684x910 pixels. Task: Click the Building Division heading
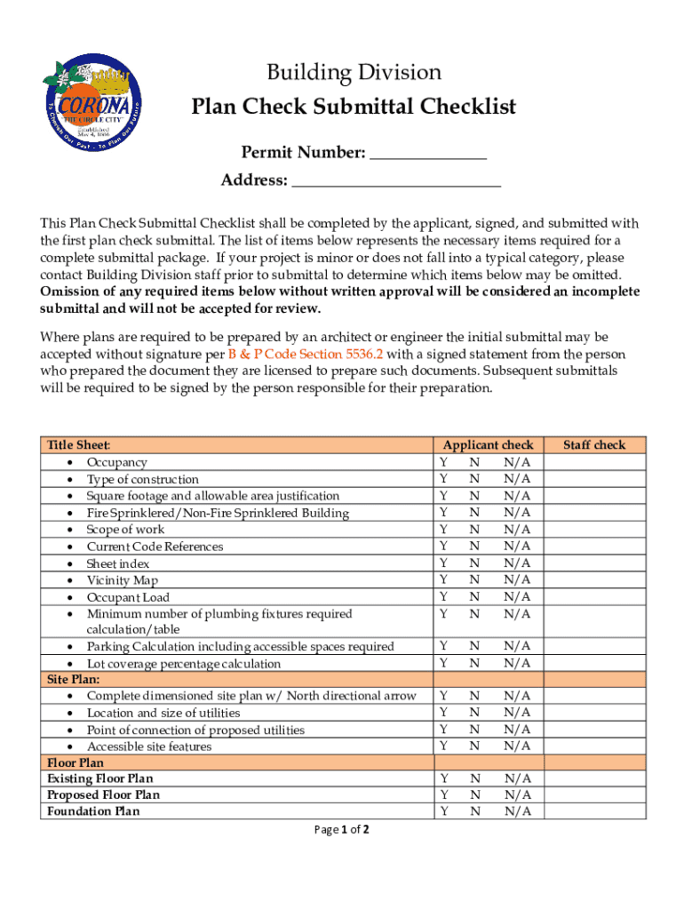click(354, 72)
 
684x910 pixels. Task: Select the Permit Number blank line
click(427, 155)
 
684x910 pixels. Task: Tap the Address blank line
click(396, 182)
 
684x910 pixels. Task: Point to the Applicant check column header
click(488, 445)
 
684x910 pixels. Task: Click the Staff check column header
click(595, 445)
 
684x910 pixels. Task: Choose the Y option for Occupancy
click(442, 462)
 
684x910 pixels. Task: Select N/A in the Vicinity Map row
click(516, 580)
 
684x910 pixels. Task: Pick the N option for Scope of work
click(474, 530)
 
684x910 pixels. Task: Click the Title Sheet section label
click(79, 445)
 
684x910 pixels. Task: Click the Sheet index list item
click(118, 563)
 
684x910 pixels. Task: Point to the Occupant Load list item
click(128, 597)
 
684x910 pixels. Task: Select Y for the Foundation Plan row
click(442, 811)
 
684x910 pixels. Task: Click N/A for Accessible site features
click(516, 746)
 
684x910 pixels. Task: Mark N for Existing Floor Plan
click(474, 778)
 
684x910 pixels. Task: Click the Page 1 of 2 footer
click(342, 830)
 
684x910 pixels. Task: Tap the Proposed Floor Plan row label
click(104, 794)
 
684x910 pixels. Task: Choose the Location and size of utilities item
click(163, 713)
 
